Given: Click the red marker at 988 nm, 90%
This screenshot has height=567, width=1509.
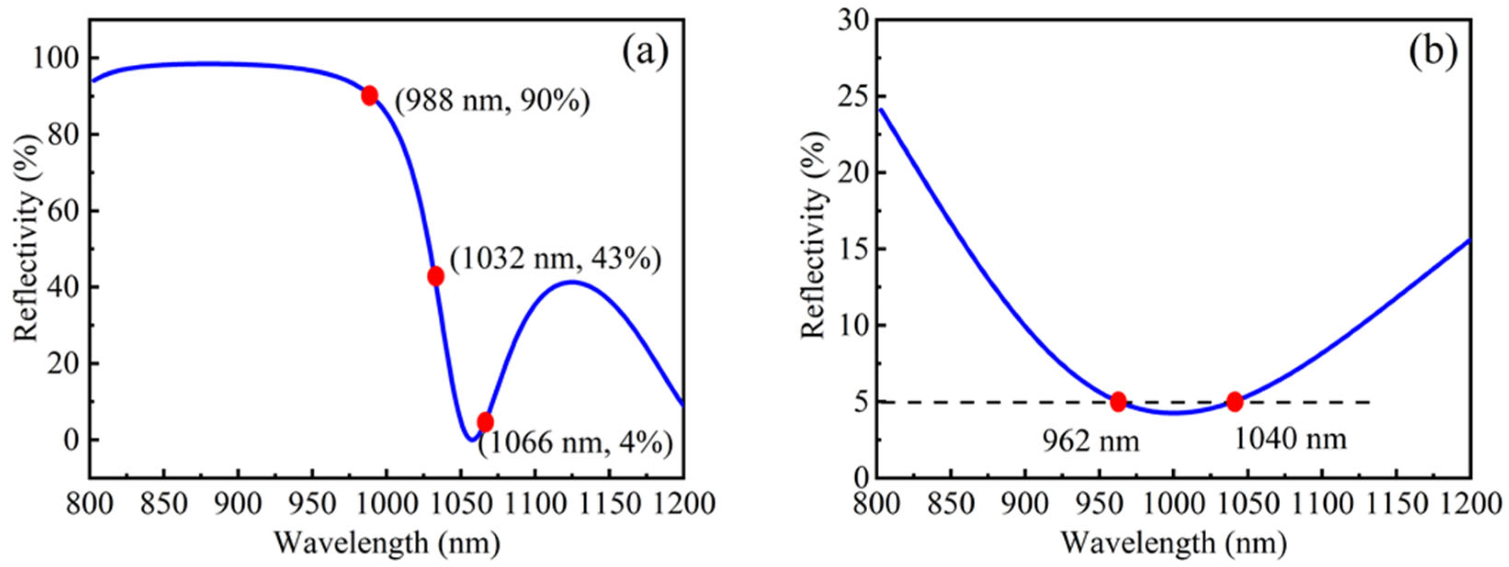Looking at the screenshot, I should tap(369, 95).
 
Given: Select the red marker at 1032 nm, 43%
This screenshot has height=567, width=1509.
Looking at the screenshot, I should tap(435, 276).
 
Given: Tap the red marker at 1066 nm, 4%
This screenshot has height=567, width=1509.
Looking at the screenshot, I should tap(485, 422).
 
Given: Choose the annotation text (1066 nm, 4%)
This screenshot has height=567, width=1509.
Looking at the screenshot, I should tap(575, 443).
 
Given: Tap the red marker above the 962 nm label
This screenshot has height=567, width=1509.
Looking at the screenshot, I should tap(1118, 401).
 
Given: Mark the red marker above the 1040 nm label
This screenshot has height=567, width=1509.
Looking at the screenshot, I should tap(1235, 401).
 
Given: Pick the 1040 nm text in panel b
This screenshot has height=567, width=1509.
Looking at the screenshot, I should tap(1290, 439).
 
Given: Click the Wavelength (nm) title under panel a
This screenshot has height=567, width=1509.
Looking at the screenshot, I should tap(387, 543).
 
